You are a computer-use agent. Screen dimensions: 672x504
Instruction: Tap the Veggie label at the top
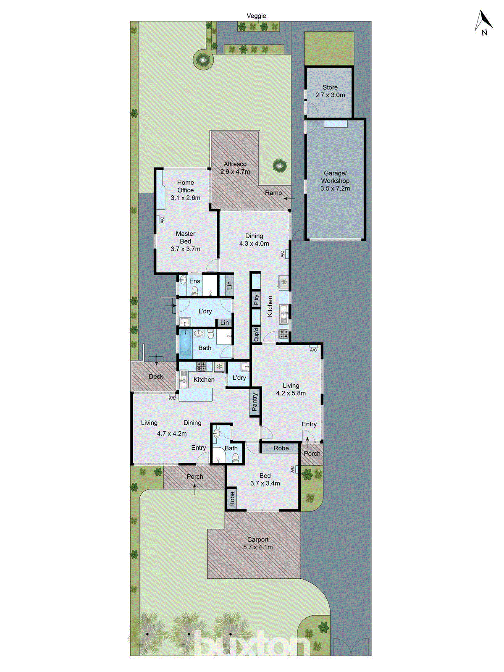(x=256, y=16)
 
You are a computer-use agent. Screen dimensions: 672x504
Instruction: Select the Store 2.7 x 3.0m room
(x=330, y=91)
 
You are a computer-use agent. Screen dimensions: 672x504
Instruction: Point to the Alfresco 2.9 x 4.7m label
(x=235, y=168)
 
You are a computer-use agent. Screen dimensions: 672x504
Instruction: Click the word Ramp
(x=273, y=193)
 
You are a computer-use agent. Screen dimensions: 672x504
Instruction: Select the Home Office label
(x=185, y=186)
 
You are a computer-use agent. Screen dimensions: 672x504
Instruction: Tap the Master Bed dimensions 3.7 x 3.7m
(x=185, y=249)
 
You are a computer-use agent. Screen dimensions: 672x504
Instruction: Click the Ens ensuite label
(x=194, y=281)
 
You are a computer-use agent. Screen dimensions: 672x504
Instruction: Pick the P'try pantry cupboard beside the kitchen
(x=256, y=299)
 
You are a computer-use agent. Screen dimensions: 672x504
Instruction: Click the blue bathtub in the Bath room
(x=185, y=344)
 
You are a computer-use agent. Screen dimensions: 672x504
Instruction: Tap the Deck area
(x=155, y=376)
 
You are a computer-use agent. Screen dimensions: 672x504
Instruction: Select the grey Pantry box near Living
(x=255, y=402)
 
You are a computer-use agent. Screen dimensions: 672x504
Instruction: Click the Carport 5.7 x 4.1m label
(x=257, y=543)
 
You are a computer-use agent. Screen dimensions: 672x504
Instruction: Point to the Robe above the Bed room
(x=281, y=448)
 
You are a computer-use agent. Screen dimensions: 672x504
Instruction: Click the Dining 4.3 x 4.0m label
(x=254, y=239)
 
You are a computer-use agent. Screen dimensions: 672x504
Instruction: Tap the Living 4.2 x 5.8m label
(x=291, y=389)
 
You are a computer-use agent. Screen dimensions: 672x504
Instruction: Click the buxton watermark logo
(x=252, y=643)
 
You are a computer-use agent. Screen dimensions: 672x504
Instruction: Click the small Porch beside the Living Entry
(x=312, y=454)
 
